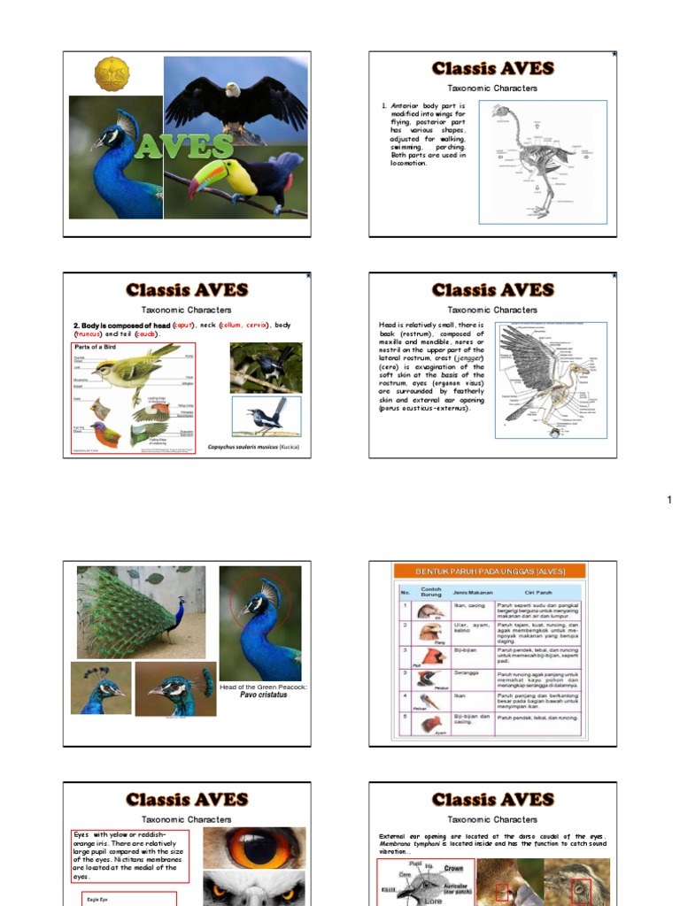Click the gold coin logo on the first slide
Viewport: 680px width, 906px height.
(112, 74)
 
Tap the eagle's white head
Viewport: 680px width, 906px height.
(232, 89)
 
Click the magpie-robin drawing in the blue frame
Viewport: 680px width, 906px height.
(267, 416)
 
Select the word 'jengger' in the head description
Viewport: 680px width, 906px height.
(462, 357)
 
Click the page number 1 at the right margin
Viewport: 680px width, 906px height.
(669, 501)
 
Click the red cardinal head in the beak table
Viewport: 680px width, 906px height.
(430, 656)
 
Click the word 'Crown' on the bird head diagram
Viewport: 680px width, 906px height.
(453, 868)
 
